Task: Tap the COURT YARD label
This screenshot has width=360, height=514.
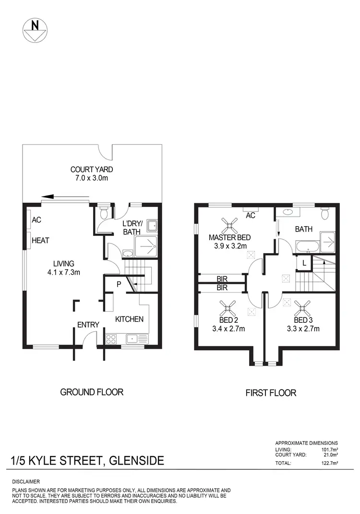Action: click(x=92, y=169)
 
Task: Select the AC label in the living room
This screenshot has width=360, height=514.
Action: click(x=37, y=220)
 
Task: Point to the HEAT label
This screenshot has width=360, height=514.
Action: click(x=40, y=240)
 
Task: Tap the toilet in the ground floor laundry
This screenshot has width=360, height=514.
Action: click(x=103, y=212)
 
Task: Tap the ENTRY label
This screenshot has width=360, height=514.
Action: click(x=88, y=325)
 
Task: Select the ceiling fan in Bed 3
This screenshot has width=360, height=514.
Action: click(x=303, y=306)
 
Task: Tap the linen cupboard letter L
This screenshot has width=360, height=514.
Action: click(x=304, y=263)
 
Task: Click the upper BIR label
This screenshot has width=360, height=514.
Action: click(x=222, y=279)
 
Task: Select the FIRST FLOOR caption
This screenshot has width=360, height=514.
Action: click(x=271, y=393)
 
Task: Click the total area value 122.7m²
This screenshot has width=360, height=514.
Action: click(x=329, y=463)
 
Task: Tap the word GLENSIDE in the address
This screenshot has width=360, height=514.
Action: click(x=137, y=461)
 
